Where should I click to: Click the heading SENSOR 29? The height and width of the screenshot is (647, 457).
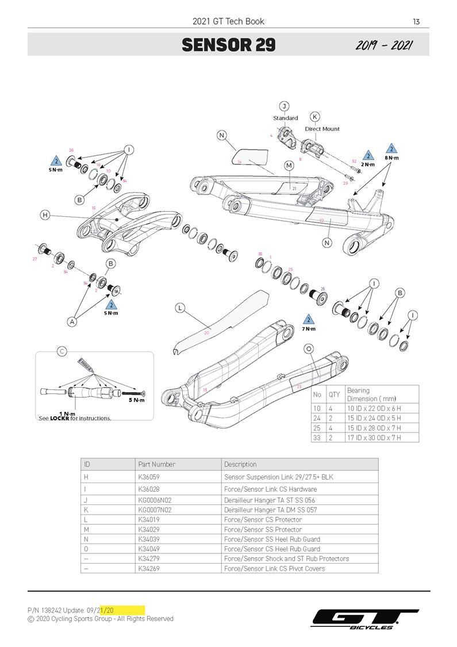pos(228,45)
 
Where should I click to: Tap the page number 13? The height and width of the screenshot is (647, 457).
pos(416,22)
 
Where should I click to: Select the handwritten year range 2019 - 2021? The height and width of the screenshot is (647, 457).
pos(384,45)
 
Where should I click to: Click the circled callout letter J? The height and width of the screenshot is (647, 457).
pos(284,106)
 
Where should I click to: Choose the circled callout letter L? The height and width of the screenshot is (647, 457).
pos(180,308)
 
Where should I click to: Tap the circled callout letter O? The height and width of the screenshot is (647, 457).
pos(309,349)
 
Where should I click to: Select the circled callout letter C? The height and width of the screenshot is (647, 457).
pos(62,351)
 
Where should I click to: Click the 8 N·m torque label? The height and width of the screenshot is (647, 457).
pos(391,158)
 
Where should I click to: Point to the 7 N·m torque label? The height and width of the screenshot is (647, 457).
pos(309,329)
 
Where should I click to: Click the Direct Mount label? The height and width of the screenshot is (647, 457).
pos(322,129)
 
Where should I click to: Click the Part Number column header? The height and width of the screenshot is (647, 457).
pos(156,464)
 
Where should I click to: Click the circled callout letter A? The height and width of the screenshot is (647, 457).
pos(72,322)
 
